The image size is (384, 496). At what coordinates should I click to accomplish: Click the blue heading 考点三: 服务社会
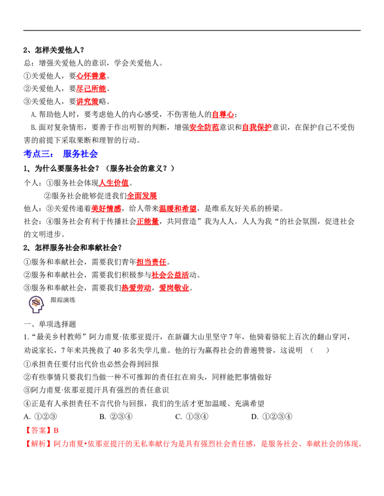[x=60, y=154]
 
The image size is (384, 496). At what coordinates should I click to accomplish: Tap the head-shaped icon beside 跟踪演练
[x=36, y=304]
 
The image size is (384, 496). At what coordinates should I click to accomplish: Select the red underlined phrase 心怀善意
[x=91, y=76]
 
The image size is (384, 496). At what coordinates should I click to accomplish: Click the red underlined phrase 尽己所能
[x=91, y=89]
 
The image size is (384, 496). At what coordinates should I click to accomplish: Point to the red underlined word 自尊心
[x=223, y=114]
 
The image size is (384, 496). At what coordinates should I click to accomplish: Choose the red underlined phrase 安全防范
[x=204, y=127]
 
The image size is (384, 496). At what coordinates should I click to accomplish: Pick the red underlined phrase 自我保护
[x=257, y=127]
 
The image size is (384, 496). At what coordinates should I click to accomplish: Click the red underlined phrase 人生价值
[x=114, y=183]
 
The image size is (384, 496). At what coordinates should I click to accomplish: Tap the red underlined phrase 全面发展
[x=142, y=196]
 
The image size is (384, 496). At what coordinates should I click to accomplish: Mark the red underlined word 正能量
[x=148, y=221]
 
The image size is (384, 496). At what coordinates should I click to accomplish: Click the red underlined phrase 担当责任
[x=152, y=262]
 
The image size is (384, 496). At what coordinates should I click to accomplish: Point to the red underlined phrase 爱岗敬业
[x=174, y=288]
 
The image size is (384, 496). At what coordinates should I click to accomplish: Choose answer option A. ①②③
[x=40, y=416]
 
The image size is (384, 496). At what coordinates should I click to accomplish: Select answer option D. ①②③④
[x=272, y=416]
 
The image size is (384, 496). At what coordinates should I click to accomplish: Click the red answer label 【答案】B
[x=41, y=430]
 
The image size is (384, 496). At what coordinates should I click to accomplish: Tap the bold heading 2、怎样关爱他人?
[x=54, y=50]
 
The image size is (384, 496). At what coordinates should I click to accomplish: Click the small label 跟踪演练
[x=63, y=300]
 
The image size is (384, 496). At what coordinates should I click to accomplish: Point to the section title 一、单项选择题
[x=50, y=324]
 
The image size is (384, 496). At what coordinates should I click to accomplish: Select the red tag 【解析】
[x=37, y=444]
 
